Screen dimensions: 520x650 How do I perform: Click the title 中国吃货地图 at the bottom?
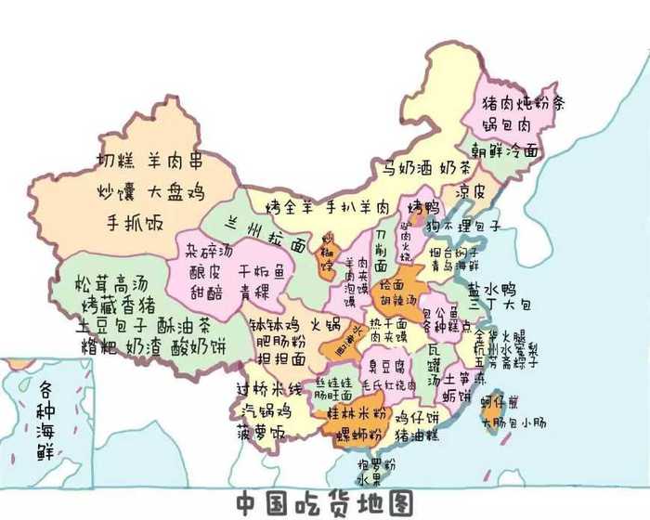[x=322, y=503]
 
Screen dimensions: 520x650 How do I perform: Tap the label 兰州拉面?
[x=268, y=234]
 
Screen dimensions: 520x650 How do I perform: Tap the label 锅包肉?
[x=506, y=123]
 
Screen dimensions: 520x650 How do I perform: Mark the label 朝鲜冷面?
[x=504, y=149]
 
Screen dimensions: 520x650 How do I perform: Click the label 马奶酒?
[x=404, y=168]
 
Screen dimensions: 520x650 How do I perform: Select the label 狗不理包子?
[x=464, y=226]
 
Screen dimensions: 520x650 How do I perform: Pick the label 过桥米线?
[x=269, y=387]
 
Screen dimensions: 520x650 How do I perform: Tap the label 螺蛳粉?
[x=355, y=433]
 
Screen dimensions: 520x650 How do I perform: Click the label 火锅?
[x=324, y=324]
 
